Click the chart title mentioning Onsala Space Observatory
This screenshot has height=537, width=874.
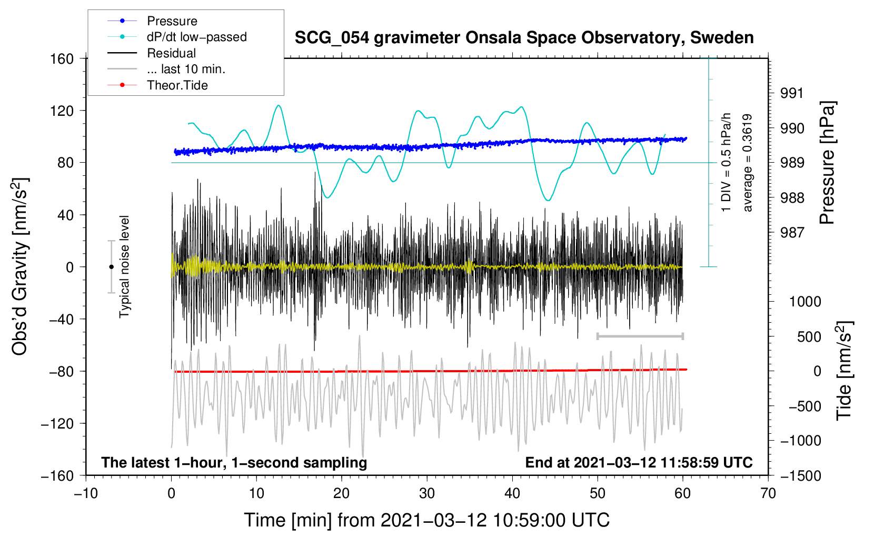pos(524,38)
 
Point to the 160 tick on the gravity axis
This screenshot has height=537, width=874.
pos(62,59)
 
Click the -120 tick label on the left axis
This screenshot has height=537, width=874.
pos(57,423)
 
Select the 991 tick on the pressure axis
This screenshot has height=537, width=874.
pos(792,93)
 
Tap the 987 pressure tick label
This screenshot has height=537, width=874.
pos(792,233)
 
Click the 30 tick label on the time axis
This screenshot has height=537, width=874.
pos(427,494)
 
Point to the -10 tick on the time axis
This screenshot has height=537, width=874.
pos(86,494)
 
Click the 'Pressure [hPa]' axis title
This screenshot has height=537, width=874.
pos(827,163)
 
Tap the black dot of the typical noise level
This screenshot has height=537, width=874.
pos(111,267)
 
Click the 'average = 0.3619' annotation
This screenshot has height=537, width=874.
pos(747,163)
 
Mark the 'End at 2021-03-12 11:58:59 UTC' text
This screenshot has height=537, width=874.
pos(639,462)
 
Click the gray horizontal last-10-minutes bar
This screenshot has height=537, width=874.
pos(640,336)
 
